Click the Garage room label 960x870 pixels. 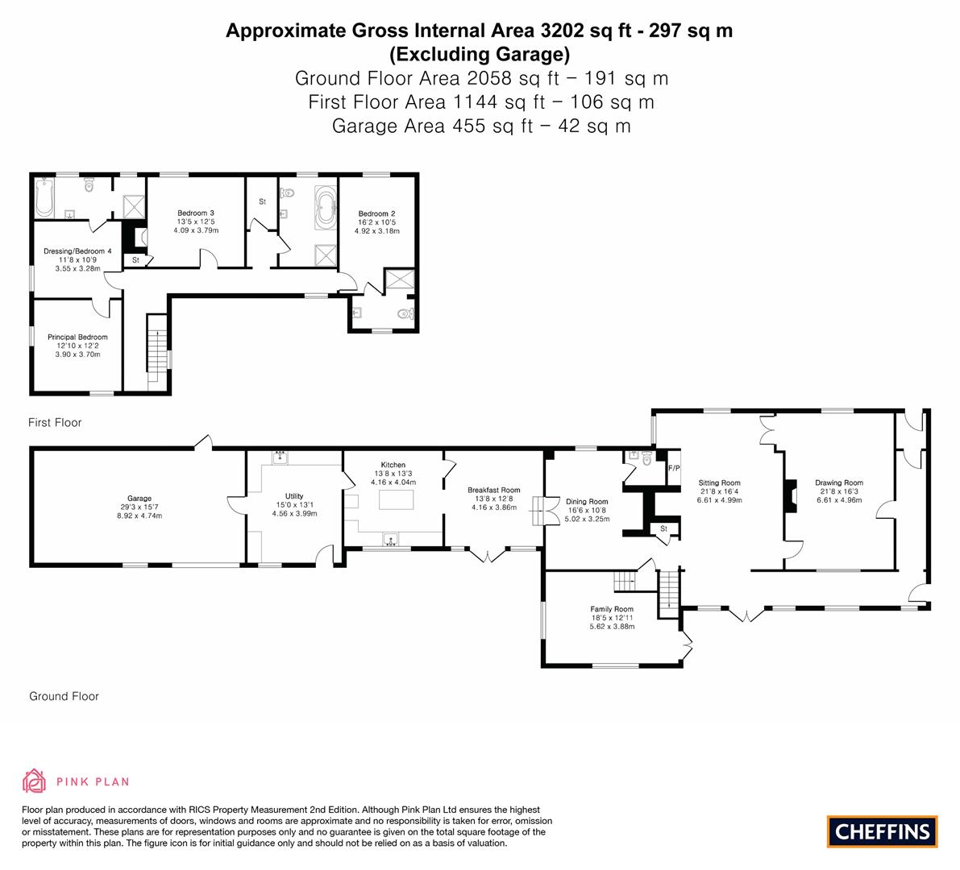point(139,499)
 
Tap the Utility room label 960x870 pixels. point(294,496)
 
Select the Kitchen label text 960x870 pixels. point(393,466)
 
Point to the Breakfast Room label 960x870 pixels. point(494,490)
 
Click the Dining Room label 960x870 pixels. point(587,502)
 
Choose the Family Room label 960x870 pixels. point(612,609)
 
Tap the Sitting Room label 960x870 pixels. point(719,483)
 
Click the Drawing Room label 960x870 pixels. point(838,483)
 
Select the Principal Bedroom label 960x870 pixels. point(77,338)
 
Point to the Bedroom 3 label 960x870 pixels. point(196,213)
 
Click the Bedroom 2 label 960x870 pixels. point(376,213)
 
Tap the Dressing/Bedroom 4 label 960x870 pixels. point(77,251)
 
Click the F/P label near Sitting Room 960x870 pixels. point(674,468)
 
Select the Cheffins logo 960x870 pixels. point(882,831)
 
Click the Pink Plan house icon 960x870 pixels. point(34,781)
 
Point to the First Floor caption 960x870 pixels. point(55,422)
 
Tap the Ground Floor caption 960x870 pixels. point(64,696)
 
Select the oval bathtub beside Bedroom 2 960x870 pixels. point(326,205)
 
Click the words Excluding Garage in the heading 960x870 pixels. point(479,55)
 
